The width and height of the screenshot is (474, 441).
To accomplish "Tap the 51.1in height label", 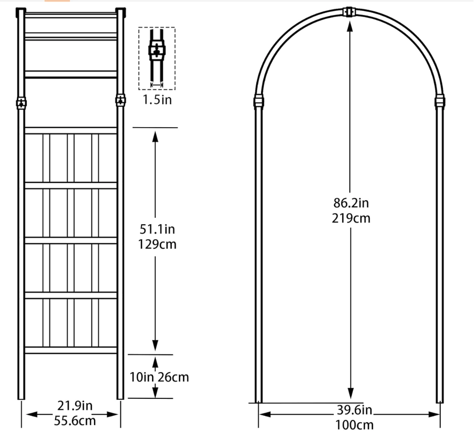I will click(157, 230).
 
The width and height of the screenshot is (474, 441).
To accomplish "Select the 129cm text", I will click(157, 245).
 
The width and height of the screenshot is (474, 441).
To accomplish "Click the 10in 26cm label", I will click(159, 377).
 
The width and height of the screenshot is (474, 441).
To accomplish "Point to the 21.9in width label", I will click(75, 406).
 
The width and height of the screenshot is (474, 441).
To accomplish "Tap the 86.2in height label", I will click(351, 203).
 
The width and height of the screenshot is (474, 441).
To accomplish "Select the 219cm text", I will click(351, 218).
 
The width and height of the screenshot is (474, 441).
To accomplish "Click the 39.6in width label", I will click(353, 410).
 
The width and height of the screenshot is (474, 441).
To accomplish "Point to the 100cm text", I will click(354, 425).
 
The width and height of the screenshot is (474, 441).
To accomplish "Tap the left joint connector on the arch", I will click(259, 101).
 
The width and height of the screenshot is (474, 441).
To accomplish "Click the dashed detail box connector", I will click(156, 52).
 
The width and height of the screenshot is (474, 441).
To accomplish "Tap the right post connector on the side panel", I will click(120, 100).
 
